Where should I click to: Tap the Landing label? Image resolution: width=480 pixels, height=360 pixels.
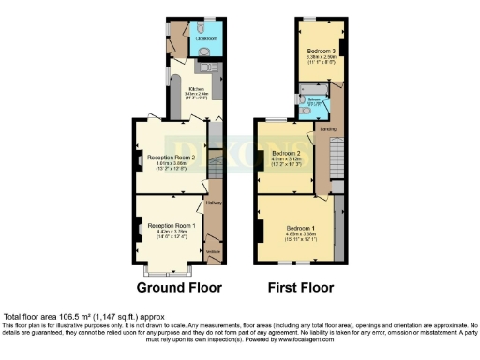pyautogui.click(x=327, y=128)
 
